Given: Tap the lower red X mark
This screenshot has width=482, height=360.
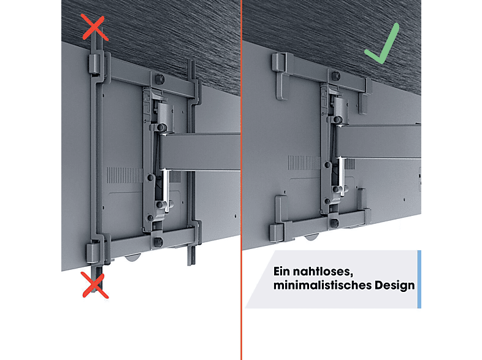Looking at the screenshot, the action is pyautogui.click(x=95, y=285).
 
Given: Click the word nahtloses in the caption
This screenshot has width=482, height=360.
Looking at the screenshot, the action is pyautogui.click(x=322, y=272).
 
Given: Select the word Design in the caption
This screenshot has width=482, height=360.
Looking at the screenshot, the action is pyautogui.click(x=395, y=286).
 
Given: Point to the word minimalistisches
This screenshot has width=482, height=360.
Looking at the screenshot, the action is pyautogui.click(x=323, y=285).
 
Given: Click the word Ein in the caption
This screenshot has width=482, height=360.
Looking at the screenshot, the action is pyautogui.click(x=282, y=272).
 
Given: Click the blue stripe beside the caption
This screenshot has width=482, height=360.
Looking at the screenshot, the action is pyautogui.click(x=419, y=279).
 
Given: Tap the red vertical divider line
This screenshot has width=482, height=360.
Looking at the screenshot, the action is pyautogui.click(x=242, y=180).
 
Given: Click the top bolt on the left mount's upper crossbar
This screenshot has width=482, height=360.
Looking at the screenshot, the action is pyautogui.click(x=159, y=79).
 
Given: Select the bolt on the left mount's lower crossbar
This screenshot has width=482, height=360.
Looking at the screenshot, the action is pyautogui.click(x=158, y=242).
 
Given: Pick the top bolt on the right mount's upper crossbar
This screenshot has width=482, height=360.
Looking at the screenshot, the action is pyautogui.click(x=336, y=75).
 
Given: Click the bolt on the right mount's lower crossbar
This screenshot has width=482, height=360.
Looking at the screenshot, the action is pyautogui.click(x=335, y=223).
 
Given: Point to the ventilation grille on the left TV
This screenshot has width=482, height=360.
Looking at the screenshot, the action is pyautogui.click(x=124, y=175).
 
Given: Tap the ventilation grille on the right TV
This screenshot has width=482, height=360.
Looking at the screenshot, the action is pyautogui.click(x=304, y=163).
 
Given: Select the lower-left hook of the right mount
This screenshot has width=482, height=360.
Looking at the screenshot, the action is pyautogui.click(x=279, y=218).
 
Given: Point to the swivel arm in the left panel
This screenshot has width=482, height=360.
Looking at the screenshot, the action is pyautogui.click(x=200, y=151).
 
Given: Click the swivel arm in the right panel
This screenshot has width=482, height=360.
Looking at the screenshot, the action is pyautogui.click(x=379, y=142).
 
